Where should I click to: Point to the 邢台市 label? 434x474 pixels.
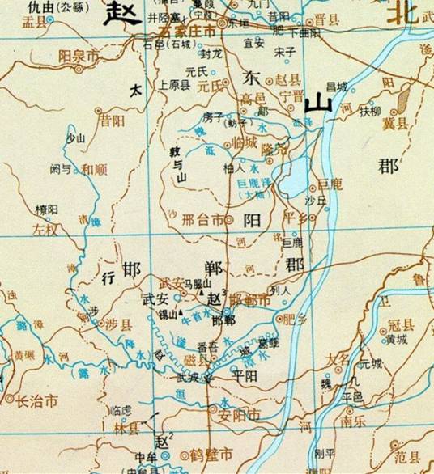coord(202,219)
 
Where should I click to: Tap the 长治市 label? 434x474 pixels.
coord(36,400)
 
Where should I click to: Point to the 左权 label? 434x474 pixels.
coord(46,230)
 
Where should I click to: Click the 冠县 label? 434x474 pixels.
coord(400,325)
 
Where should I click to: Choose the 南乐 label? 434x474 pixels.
coord(351,421)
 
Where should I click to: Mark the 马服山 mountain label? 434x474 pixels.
coord(198,283)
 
